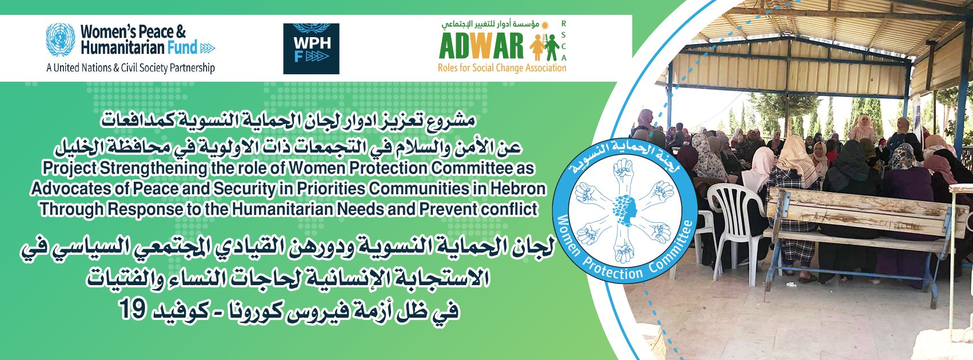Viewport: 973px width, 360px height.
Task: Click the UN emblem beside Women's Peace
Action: coord(61,39)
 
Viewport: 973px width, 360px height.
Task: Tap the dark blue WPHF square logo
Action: coord(311,49)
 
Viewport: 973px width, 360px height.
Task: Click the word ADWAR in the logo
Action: coord(481,46)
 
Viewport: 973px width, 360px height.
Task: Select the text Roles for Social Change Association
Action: coord(502,68)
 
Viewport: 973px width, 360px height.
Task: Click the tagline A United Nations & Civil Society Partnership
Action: coord(131,68)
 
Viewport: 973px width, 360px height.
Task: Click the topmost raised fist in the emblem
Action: coord(624,171)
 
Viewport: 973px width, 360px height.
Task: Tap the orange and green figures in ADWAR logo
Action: coord(545,47)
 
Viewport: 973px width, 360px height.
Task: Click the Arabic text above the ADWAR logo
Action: coord(495,24)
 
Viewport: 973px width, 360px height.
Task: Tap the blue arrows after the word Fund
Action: coord(208,48)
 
